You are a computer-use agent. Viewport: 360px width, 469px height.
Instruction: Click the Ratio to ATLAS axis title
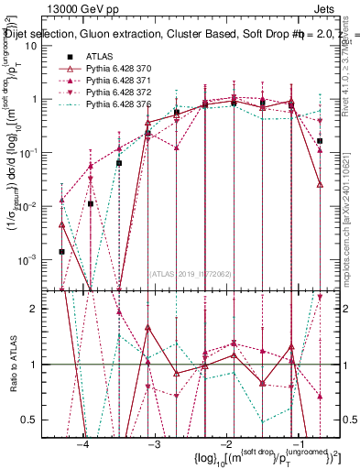13,364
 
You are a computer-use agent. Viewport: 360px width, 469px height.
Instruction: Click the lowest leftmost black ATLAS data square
61,251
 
